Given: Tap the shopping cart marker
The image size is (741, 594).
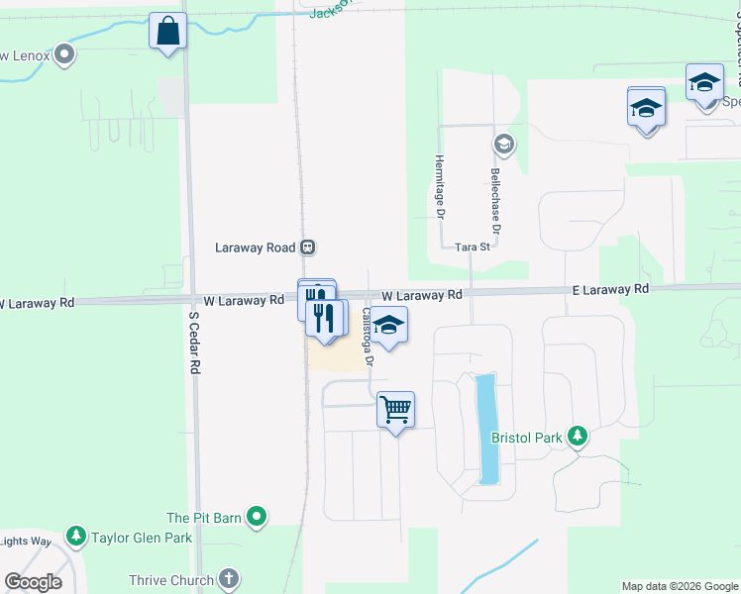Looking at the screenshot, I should tap(395, 408).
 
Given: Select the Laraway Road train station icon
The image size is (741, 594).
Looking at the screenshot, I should tap(308, 247).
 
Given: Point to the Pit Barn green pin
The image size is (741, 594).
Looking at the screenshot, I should tap(257, 517).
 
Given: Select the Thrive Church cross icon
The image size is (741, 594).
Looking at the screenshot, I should tap(229, 580).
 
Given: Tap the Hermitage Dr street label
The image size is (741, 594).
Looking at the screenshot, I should tap(438, 186).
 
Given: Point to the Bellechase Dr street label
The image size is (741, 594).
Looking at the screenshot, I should tap(495, 200).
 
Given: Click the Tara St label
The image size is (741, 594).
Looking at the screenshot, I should tap(473, 247).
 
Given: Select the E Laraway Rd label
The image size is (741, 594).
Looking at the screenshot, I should tap(610, 289).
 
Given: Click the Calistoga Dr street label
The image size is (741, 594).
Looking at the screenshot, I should tap(367, 337).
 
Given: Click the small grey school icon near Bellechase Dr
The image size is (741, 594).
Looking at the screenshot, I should tap(503, 146).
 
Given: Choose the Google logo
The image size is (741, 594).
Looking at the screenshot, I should tap(33, 582).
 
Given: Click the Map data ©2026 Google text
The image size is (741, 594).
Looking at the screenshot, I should tap(680, 586).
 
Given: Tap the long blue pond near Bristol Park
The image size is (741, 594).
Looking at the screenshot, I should tap(487, 428).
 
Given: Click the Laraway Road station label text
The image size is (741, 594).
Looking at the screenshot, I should tap(256, 247).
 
